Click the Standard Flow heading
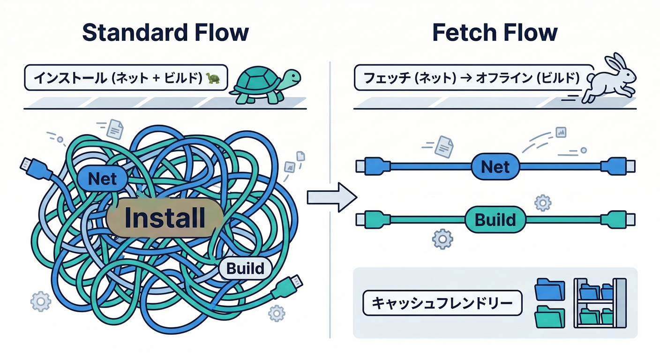(x=165, y=33)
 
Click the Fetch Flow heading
(x=495, y=33)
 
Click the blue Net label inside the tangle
(x=102, y=179)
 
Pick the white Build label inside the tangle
(x=245, y=269)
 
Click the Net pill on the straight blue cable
(x=495, y=166)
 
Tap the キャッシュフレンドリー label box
(x=442, y=303)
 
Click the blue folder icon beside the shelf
(x=550, y=289)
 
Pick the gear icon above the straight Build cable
(x=543, y=203)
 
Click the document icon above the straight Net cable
(x=443, y=146)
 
